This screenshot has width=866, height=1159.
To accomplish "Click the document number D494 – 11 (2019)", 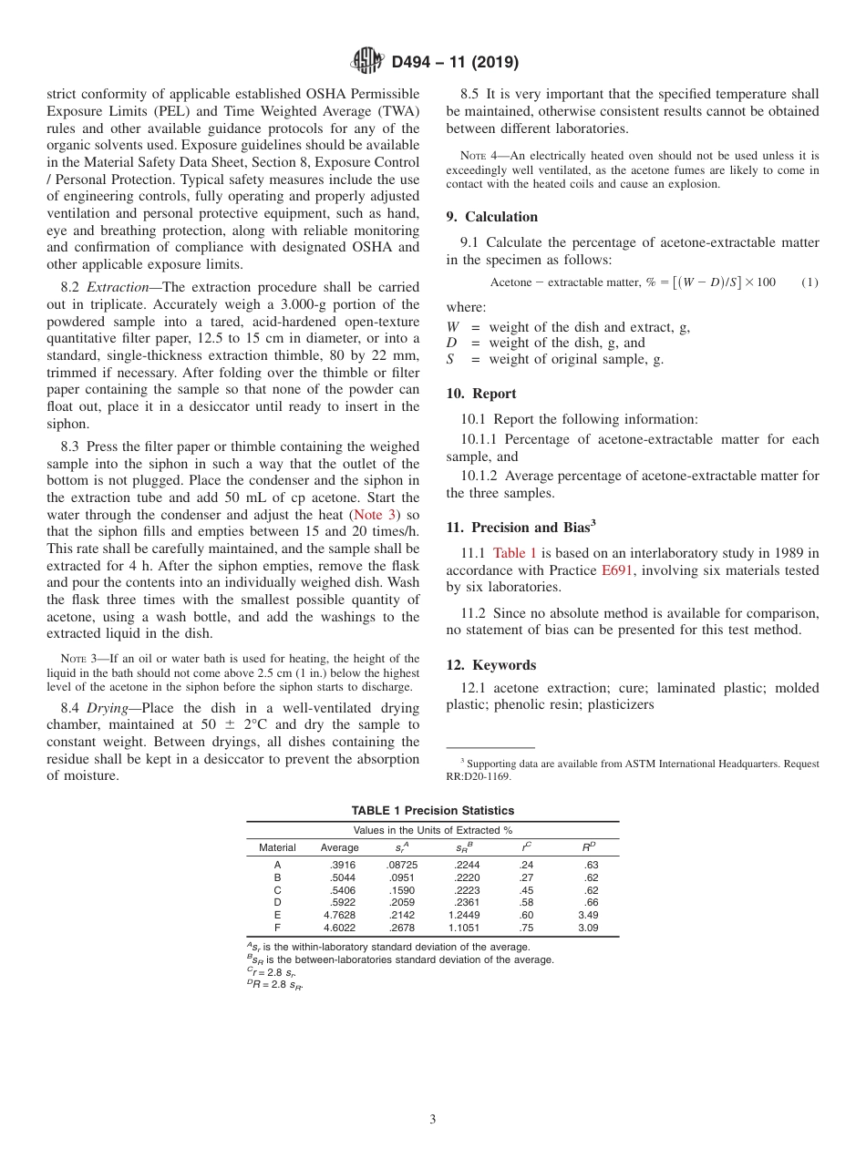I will tap(455, 63).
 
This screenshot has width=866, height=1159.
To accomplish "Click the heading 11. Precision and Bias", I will tap(521, 527).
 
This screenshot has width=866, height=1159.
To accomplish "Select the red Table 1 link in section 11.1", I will tap(515, 552).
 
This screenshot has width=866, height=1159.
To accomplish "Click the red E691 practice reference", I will tap(617, 570).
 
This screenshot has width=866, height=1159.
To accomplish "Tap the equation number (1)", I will tap(809, 282).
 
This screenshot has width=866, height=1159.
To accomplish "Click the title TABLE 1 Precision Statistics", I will tap(433, 810).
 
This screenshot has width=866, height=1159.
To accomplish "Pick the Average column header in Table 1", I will tap(340, 847).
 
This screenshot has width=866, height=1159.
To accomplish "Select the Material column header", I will tap(277, 847).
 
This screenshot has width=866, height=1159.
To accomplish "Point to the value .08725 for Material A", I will tap(402, 865).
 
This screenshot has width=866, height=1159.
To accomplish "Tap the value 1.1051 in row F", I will tap(464, 928).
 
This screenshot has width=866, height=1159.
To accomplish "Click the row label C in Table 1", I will tap(277, 890).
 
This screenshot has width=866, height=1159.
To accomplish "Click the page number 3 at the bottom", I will tap(433, 1119).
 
